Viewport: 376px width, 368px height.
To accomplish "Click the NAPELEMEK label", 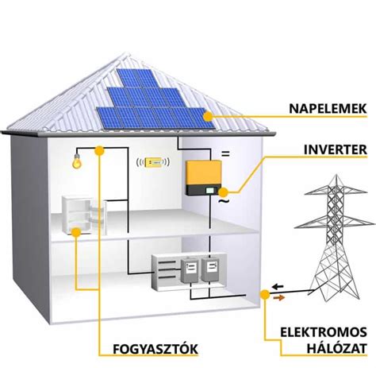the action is (328, 109).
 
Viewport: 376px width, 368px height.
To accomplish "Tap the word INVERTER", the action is (336, 149).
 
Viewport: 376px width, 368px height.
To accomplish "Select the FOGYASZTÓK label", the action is (155, 349).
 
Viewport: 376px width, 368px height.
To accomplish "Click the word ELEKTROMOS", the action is (324, 332).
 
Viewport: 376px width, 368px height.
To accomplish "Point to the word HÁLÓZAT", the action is (336, 348).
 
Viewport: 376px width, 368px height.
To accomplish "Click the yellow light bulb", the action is (77, 161).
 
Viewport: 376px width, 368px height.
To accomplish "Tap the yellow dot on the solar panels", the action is (209, 116).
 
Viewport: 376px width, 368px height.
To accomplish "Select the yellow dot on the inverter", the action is (224, 192).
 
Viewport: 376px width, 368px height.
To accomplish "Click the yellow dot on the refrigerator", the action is (76, 232).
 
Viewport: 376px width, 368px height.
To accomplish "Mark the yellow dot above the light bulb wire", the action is (99, 150).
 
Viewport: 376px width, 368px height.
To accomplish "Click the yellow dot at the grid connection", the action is (265, 295).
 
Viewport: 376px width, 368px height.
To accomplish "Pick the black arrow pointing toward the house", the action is (278, 286).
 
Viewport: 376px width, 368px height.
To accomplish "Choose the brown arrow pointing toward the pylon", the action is (279, 298).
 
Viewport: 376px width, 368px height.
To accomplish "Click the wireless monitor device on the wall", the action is (153, 162).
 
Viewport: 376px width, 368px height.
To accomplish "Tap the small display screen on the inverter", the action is (210, 190).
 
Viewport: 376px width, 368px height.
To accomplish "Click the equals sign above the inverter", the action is (225, 153).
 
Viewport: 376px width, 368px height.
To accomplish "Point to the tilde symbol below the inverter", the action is (224, 201).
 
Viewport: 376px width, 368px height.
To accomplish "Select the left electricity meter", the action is (190, 269).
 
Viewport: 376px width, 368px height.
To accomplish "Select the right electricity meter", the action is (210, 269).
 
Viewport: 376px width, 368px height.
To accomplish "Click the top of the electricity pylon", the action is (336, 176).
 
